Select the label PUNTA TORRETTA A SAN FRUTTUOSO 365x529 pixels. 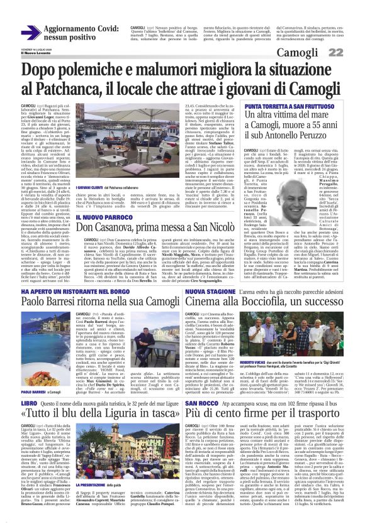click(x=281, y=107)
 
